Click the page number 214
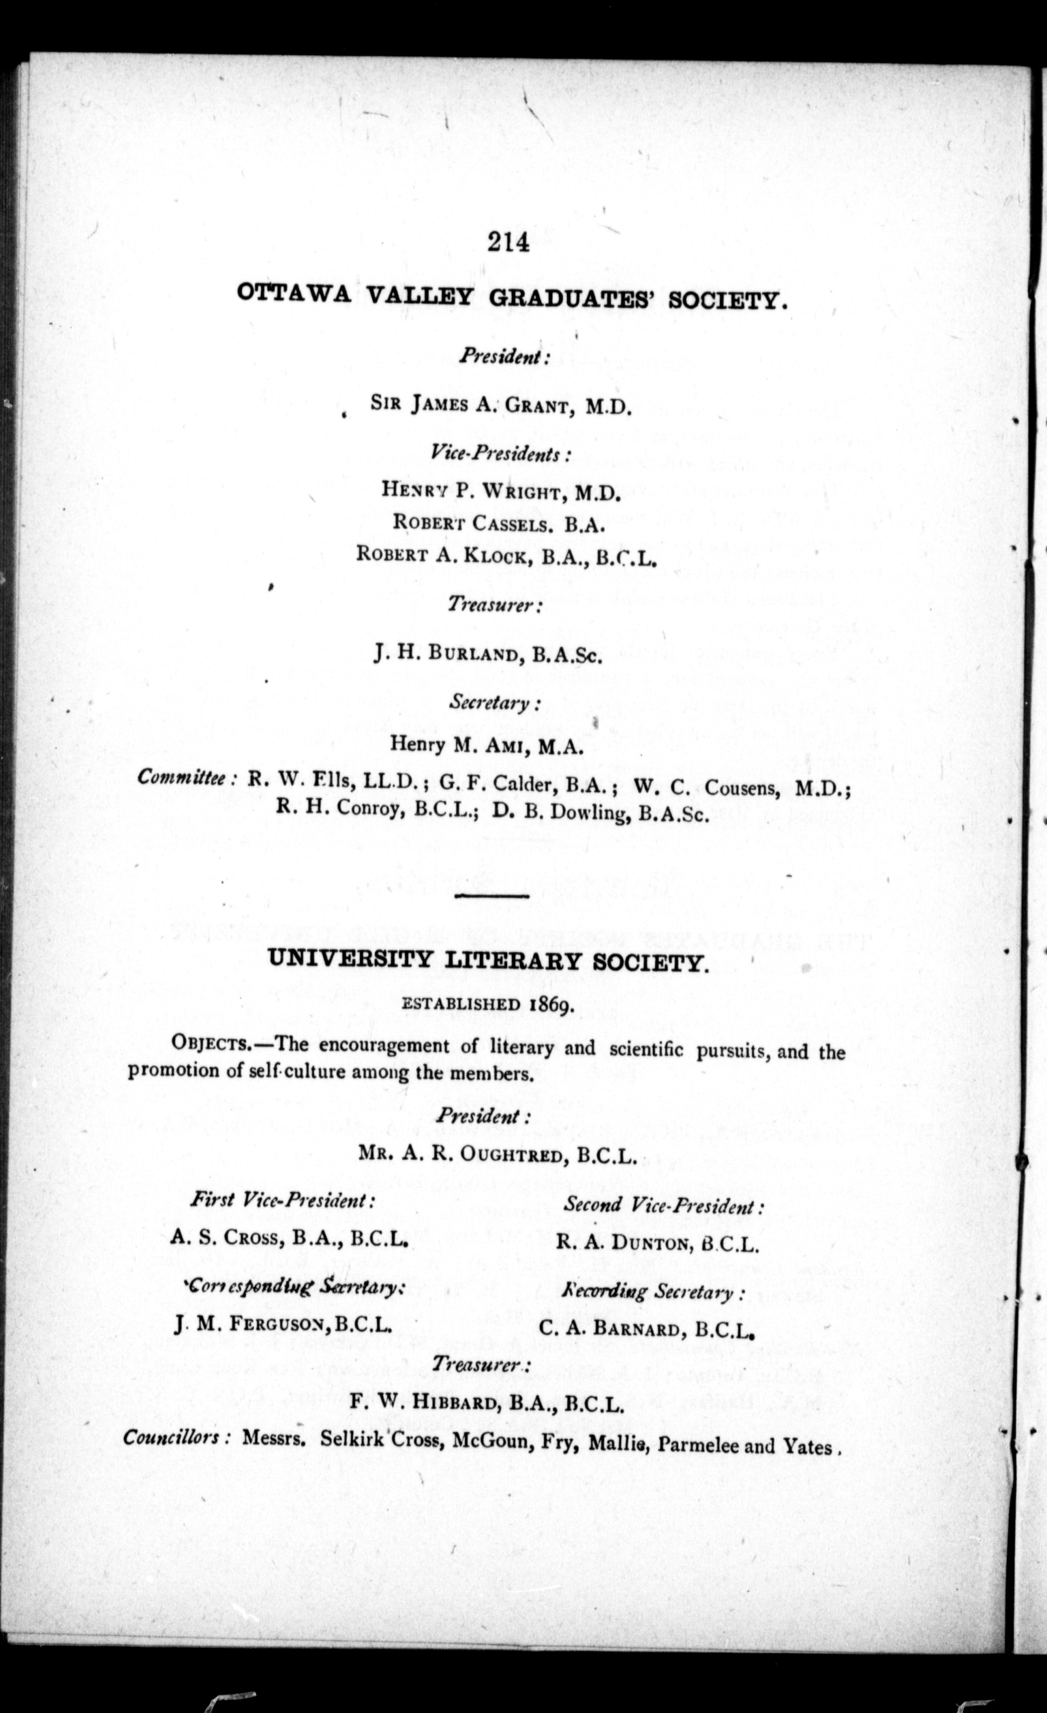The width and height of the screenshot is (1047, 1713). coord(509,243)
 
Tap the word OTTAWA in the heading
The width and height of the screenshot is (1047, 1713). coord(295,294)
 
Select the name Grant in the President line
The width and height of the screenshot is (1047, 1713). coord(535,407)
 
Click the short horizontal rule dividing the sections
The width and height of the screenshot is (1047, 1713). coord(492,896)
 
